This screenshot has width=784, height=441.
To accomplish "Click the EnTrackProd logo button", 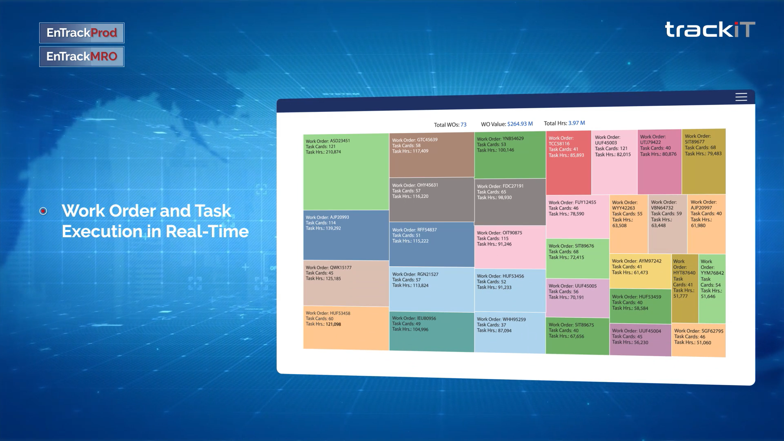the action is point(82,33).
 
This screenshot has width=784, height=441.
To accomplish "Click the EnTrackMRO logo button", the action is point(82,56).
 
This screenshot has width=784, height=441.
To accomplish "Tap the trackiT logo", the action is point(710,29).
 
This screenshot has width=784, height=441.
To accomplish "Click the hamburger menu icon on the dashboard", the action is point(741,97).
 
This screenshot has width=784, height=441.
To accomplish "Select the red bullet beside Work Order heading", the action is point(43,211).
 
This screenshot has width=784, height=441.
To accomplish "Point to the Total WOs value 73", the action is point(463,125).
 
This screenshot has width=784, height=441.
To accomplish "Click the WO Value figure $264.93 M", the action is point(520,124).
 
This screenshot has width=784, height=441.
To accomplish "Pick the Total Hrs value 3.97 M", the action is point(577,123).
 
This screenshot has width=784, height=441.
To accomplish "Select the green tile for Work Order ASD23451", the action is point(346,172).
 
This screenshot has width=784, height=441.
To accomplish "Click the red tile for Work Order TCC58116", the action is point(568,163).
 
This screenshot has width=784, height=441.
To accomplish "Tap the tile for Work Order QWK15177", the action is point(346,283).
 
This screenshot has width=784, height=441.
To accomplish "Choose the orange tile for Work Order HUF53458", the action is point(346,328).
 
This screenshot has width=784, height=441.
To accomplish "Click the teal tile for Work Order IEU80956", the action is point(432,332).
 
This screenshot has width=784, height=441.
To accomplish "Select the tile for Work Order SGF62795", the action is point(699,340).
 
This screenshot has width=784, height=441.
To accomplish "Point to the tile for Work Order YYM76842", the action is point(712,289).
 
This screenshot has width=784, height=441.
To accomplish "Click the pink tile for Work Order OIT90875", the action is point(510,247).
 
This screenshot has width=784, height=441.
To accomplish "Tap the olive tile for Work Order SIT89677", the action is point(704,162).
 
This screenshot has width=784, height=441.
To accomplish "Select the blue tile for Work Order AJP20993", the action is point(346,235).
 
